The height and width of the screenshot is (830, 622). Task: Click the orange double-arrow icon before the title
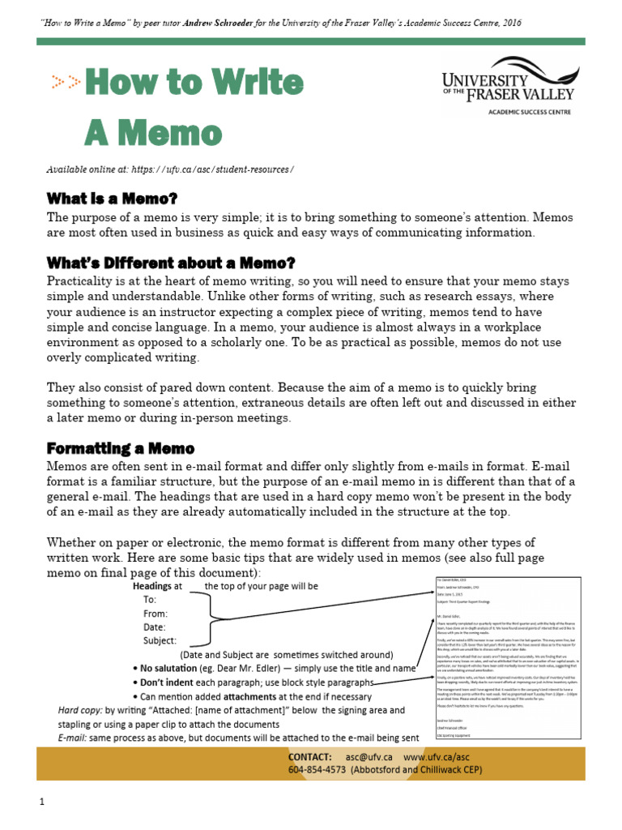(x=66, y=81)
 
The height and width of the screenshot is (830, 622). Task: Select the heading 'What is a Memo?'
(x=112, y=199)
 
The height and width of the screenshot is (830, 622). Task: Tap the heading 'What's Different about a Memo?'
(x=171, y=263)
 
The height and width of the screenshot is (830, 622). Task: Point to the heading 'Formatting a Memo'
(x=121, y=448)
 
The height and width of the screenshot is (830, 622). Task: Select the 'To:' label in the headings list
(x=150, y=600)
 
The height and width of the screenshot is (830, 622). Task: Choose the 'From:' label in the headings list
(x=155, y=614)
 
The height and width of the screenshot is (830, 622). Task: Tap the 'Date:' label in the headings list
(x=154, y=627)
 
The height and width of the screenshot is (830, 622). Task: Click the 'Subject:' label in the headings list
(x=160, y=640)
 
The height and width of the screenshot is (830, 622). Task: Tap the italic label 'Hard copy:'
(x=80, y=710)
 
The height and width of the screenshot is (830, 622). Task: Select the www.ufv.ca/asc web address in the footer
(x=437, y=756)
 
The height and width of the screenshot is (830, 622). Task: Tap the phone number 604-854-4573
(x=317, y=769)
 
